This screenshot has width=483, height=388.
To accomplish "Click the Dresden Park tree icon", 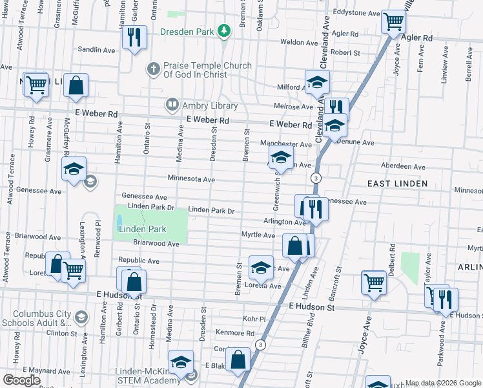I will click(x=224, y=30).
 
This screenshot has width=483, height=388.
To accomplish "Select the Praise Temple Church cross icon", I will click(x=153, y=67).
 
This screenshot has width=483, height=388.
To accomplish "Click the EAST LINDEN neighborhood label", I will click(x=397, y=184).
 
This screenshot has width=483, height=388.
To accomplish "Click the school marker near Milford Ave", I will click(x=317, y=82).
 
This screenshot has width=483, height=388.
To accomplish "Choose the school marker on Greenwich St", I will click(x=281, y=157).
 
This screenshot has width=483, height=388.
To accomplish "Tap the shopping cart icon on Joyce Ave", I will click(x=374, y=282).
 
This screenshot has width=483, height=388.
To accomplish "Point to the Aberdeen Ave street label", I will click(x=403, y=166).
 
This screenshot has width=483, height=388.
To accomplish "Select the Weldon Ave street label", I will click(x=297, y=42).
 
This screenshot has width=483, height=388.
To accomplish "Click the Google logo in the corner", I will click(x=21, y=380).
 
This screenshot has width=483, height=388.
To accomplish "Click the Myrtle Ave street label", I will click(x=258, y=235).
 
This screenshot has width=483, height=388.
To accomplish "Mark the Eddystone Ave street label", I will click(x=356, y=13).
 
